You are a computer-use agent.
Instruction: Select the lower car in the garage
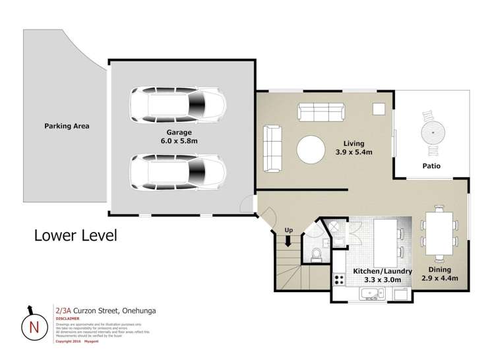pyautogui.click(x=177, y=173)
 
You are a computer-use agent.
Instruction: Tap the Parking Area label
pyautogui.click(x=67, y=126)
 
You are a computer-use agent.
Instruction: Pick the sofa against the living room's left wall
pyautogui.click(x=272, y=148)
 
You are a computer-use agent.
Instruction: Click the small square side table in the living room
pyautogui.click(x=379, y=109)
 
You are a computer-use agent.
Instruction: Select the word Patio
pyautogui.click(x=432, y=166)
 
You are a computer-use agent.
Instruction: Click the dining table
pyautogui.click(x=439, y=233)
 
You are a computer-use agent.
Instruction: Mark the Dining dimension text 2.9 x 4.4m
pyautogui.click(x=439, y=278)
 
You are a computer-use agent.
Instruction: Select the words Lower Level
pyautogui.click(x=75, y=235)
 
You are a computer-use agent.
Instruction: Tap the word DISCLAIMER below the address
pyautogui.click(x=67, y=318)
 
